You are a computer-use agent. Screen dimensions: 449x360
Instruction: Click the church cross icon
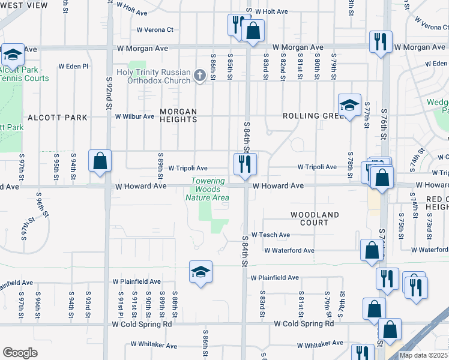pos(200,76)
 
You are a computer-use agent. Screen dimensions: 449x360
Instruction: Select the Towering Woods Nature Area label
pos(208,189)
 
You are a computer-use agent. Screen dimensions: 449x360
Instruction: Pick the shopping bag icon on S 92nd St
pos(100,161)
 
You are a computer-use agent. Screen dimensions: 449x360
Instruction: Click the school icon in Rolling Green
pos(349,106)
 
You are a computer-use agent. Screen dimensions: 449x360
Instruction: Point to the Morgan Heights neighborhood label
pos(178,115)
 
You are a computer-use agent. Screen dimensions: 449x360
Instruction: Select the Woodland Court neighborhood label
pos(315,218)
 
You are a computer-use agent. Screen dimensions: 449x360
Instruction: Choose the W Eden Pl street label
pos(73,67)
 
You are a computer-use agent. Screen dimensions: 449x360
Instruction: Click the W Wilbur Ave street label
pos(134,116)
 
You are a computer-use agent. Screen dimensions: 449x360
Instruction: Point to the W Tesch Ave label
pos(271,235)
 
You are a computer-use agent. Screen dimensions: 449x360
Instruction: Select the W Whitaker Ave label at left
pos(154,346)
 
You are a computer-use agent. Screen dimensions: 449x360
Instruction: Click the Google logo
pos(20,353)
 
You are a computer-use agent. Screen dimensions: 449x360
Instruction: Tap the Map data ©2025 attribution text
pos(424,355)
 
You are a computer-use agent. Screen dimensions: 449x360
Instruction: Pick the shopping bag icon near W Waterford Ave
pos(372,250)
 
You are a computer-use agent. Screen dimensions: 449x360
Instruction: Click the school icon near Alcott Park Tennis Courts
pos(11,55)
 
